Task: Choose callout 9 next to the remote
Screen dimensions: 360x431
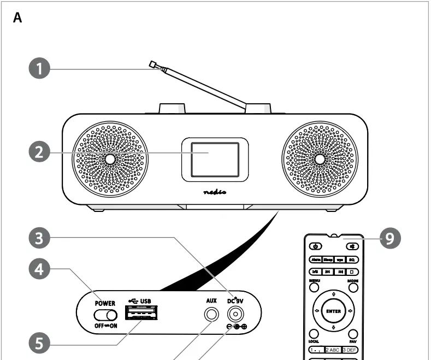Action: point(391,238)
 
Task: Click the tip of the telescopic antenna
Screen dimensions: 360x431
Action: point(152,64)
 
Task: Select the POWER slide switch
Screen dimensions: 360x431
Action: point(105,315)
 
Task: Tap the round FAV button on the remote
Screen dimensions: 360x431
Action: point(353,333)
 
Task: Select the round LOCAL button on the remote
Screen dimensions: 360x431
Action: point(314,333)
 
